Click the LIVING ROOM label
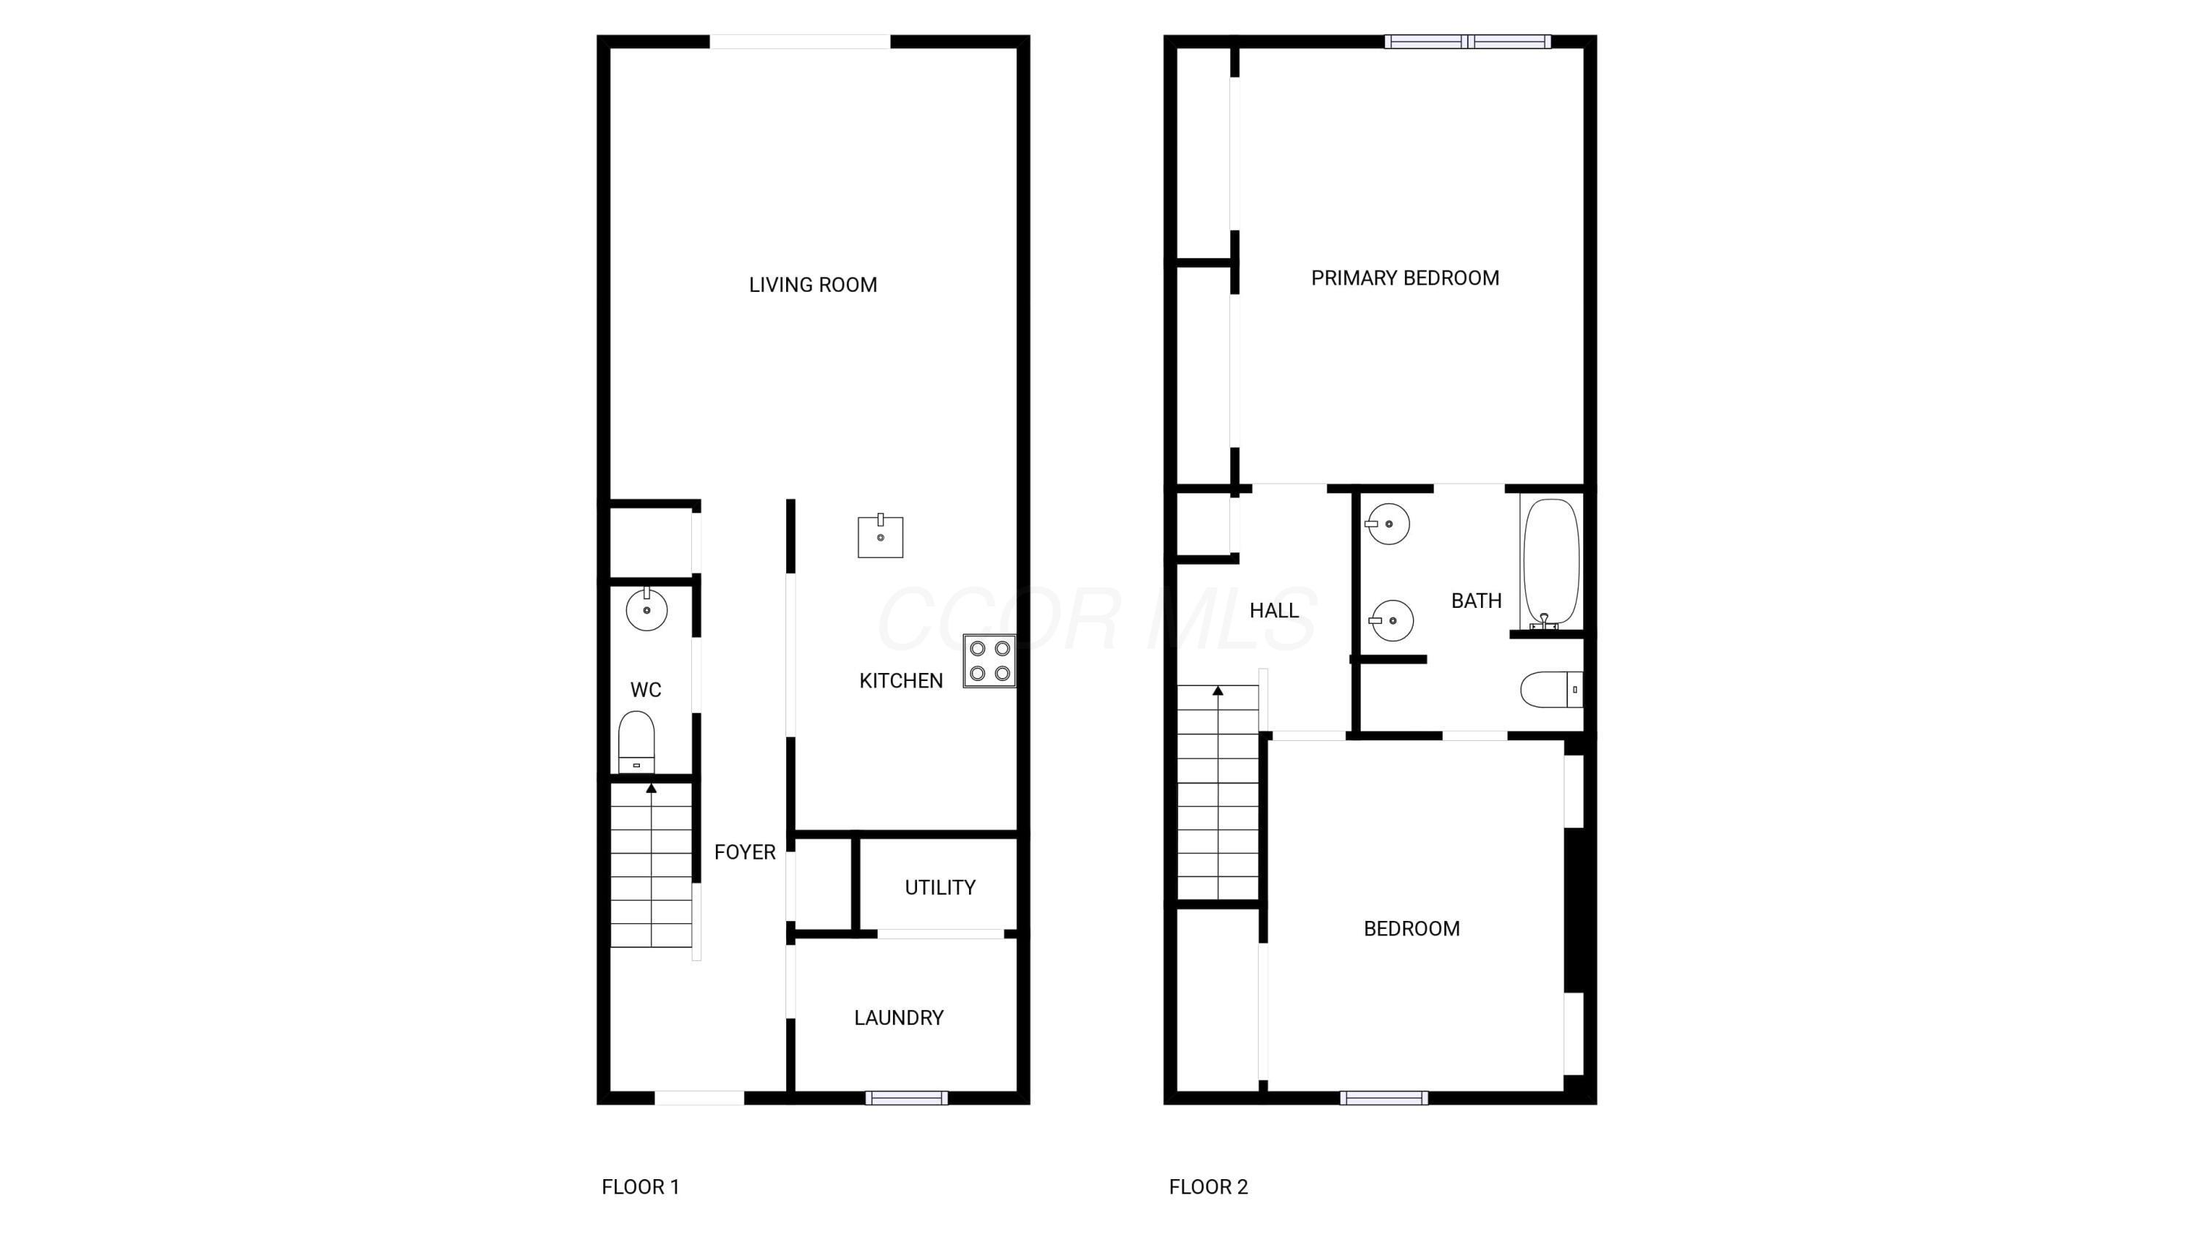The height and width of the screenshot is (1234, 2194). pos(813,285)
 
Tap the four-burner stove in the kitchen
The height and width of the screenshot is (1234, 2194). pos(989,661)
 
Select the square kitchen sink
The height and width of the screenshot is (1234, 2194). pos(880,535)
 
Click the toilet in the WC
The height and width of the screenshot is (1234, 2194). pos(636,742)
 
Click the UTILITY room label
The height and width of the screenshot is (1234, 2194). pos(940,887)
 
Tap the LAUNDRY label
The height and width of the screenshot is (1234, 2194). pos(899,1017)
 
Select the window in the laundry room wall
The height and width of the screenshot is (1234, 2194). pos(906,1098)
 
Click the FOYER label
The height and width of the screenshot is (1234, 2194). pos(744,852)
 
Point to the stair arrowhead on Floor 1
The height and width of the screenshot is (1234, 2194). pos(652,789)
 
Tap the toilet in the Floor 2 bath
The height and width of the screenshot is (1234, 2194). pos(1551,690)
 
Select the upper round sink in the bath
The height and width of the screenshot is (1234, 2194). pos(1388,524)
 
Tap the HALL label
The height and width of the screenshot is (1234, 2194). pos(1274,611)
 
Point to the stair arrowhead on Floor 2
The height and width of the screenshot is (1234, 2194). pos(1218,691)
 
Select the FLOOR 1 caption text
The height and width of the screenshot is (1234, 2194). pos(641,1186)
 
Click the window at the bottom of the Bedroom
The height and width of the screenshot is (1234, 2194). pos(1384,1098)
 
